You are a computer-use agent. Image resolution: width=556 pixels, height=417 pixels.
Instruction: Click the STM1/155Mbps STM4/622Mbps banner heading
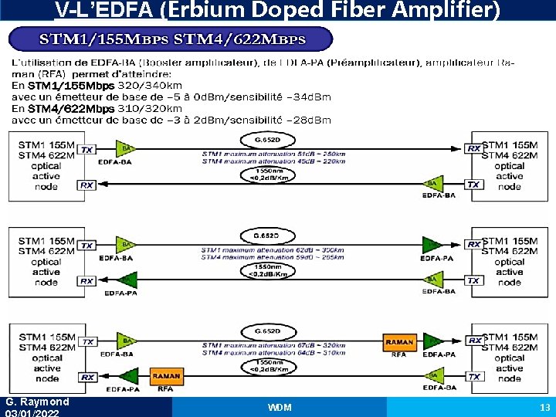(172, 39)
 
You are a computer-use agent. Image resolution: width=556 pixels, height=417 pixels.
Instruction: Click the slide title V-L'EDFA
(277, 10)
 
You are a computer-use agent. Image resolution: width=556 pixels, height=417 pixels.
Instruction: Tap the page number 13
(544, 407)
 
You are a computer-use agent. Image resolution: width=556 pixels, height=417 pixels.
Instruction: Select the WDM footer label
(279, 407)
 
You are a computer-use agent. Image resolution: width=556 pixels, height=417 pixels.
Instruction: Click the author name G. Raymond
(37, 402)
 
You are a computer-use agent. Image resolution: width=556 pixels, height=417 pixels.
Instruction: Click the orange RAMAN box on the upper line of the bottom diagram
(399, 341)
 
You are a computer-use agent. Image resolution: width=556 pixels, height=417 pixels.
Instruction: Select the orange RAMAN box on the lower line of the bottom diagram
(166, 376)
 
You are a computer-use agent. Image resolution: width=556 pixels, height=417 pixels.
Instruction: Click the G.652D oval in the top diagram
(257, 140)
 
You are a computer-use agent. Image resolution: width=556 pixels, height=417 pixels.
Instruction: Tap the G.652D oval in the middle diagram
(257, 235)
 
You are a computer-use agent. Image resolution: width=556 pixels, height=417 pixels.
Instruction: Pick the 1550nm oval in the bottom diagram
(257, 365)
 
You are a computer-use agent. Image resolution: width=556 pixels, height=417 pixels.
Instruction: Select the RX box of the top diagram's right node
(474, 148)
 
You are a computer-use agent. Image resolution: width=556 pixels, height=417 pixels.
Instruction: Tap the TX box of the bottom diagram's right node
(474, 377)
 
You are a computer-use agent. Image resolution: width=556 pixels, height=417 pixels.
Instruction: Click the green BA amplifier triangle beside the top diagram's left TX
(124, 148)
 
